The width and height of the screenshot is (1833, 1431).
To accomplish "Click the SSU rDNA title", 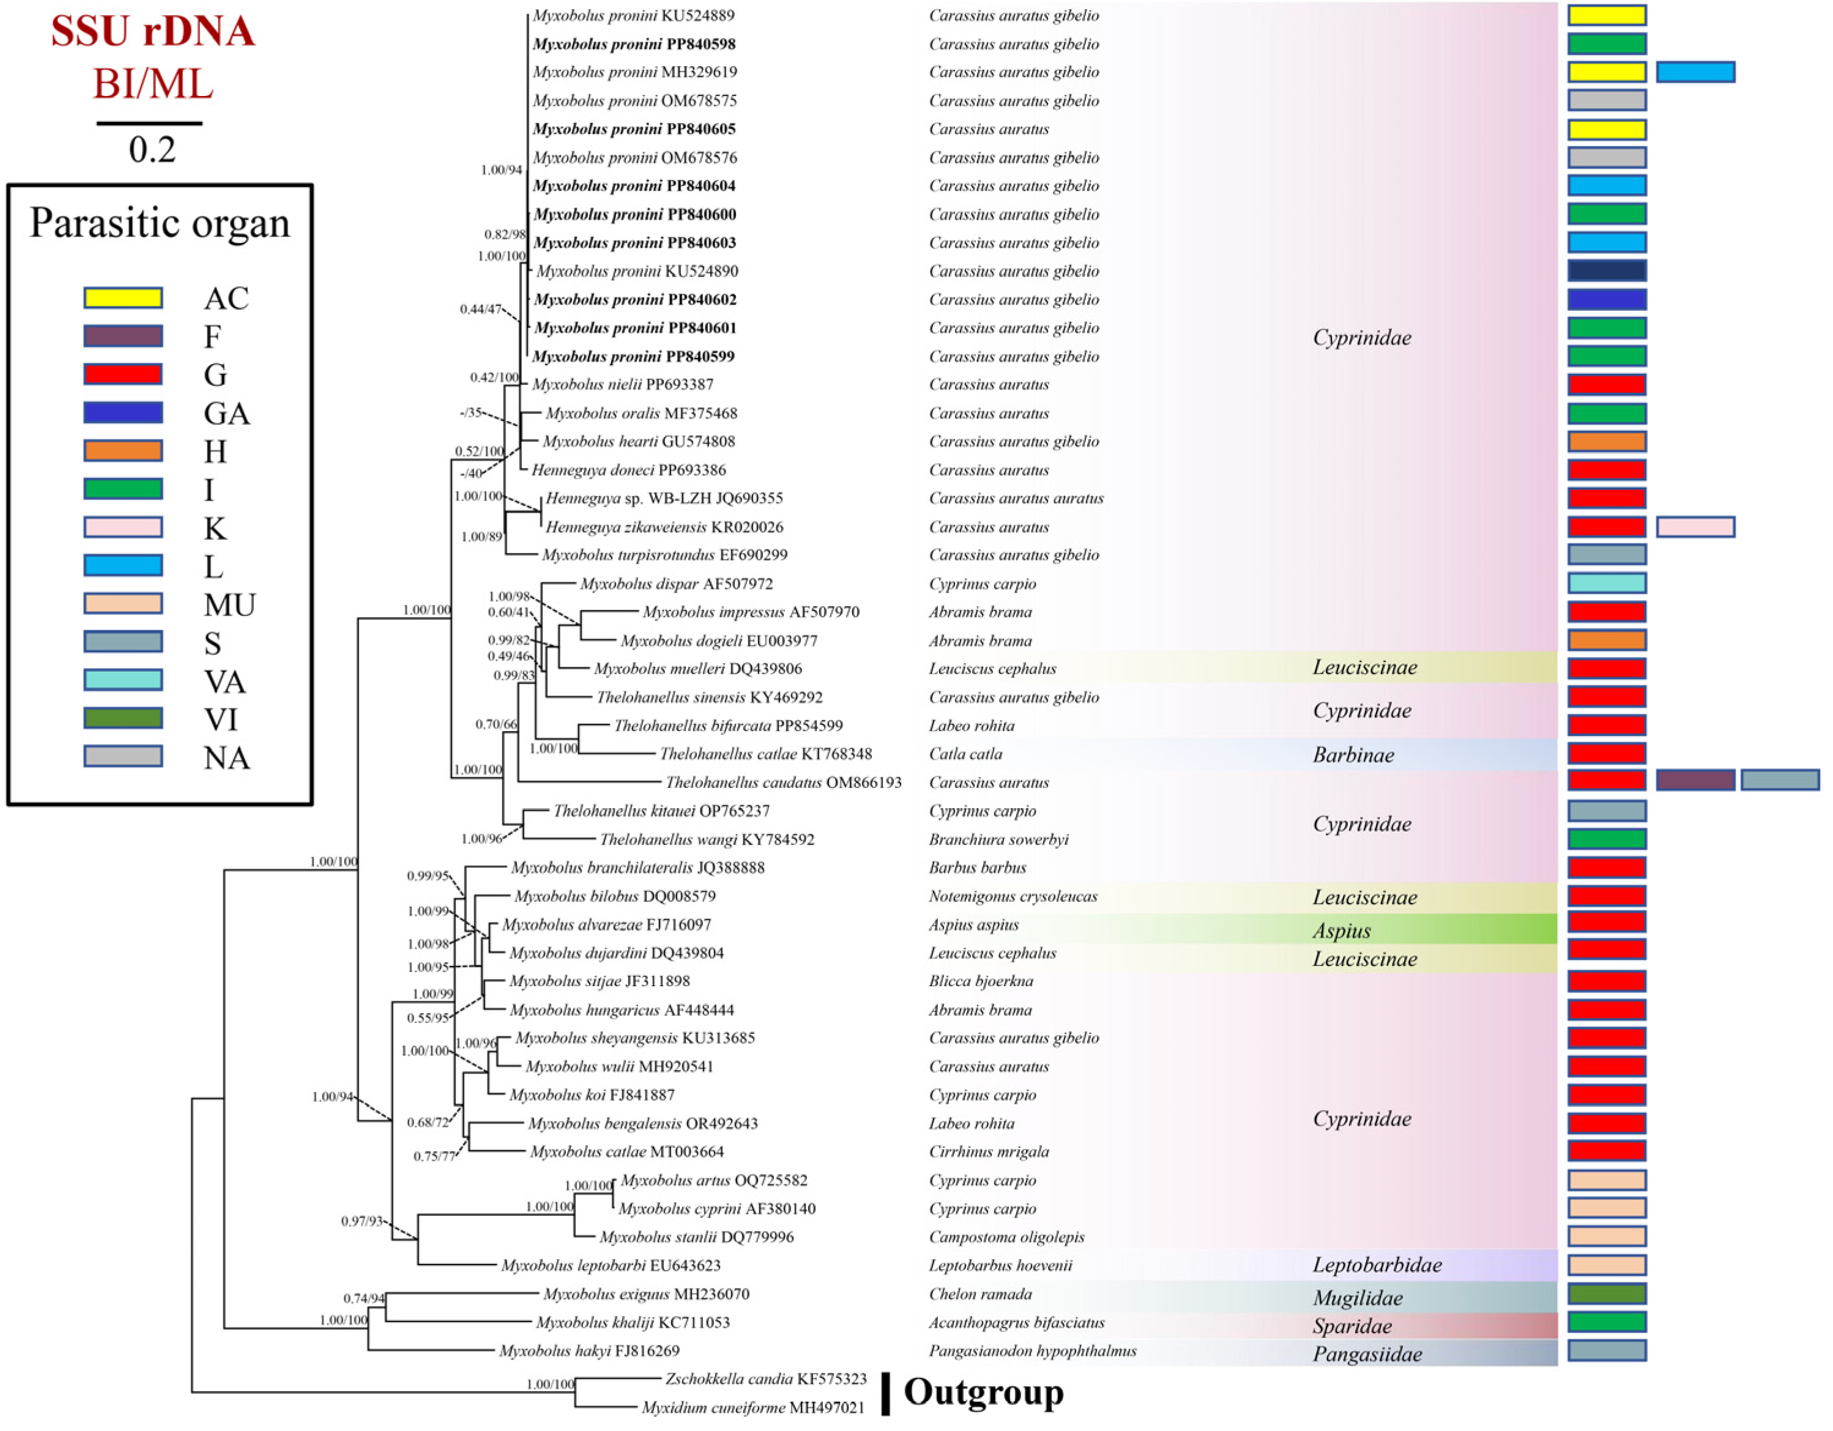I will pyautogui.click(x=153, y=31).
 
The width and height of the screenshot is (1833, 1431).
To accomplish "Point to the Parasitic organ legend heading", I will pyautogui.click(x=160, y=223).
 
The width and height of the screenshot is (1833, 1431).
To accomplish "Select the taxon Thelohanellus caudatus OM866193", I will pyautogui.click(x=783, y=782).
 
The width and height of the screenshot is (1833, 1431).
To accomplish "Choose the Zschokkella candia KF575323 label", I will pyautogui.click(x=765, y=1378).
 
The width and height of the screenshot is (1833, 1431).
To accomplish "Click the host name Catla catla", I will pyautogui.click(x=965, y=754).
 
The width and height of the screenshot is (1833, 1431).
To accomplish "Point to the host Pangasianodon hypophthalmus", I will pyautogui.click(x=1032, y=1350).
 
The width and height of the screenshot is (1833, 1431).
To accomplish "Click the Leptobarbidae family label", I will pyautogui.click(x=1377, y=1265).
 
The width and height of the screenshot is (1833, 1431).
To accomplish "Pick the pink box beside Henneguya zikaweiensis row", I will pyautogui.click(x=1695, y=527).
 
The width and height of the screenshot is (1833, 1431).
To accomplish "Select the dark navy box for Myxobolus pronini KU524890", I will pyautogui.click(x=1607, y=270).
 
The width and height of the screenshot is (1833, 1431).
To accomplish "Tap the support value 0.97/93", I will pyautogui.click(x=362, y=1221).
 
